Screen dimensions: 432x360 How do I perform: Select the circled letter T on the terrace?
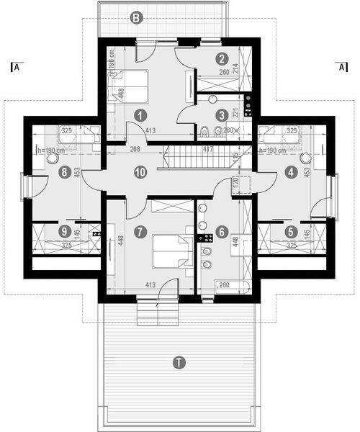(179, 362)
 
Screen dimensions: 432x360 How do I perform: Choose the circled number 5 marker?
(291, 232)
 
